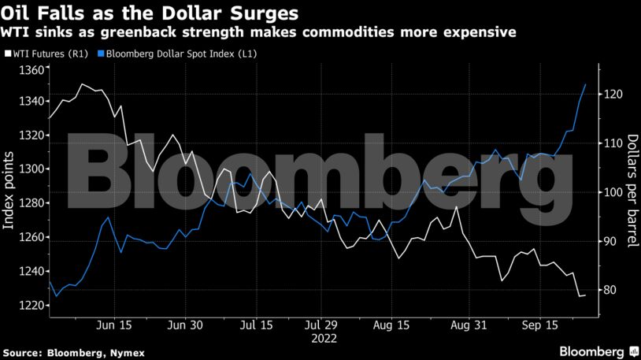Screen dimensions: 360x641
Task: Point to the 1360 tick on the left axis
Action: click(x=30, y=71)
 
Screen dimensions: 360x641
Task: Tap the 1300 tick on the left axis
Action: click(x=30, y=169)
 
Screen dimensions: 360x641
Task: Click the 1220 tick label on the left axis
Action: click(x=30, y=306)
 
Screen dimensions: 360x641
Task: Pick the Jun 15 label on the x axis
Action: click(x=113, y=324)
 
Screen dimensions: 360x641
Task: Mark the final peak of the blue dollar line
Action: click(x=585, y=84)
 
